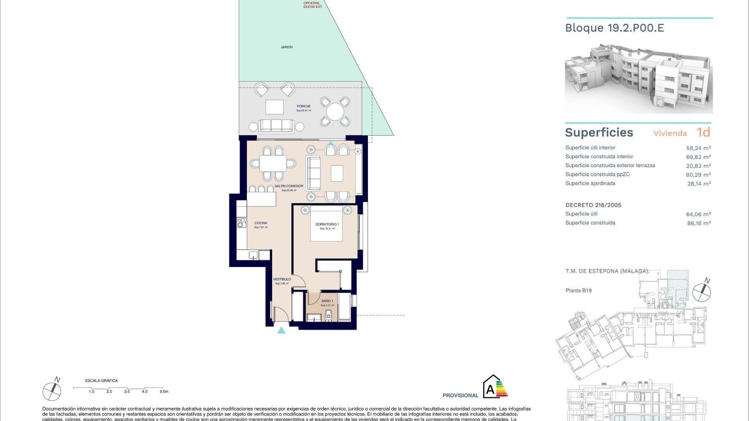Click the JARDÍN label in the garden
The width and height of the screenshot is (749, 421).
click(287, 47)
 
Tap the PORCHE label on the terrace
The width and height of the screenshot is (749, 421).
click(304, 106)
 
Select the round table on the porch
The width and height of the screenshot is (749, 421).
click(335, 112)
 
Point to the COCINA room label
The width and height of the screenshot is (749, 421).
click(261, 223)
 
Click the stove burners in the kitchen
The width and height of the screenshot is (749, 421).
click(241, 223)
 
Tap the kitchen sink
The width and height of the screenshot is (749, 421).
click(253, 255)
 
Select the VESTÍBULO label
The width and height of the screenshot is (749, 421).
click(282, 279)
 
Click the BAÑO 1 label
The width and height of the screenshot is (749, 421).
click(327, 301)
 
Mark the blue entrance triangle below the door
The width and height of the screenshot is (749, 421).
click(281, 331)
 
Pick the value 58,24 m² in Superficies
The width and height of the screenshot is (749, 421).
click(698, 148)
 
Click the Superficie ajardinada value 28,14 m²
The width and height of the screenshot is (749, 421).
click(699, 184)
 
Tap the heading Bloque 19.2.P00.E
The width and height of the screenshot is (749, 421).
click(614, 28)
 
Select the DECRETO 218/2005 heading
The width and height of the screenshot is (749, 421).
click(593, 205)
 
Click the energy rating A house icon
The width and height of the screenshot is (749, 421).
click(492, 387)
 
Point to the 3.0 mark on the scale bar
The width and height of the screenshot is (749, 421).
click(127, 391)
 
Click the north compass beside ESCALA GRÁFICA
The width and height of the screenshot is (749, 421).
click(52, 391)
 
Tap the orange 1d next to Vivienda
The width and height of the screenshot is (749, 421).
click(703, 133)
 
